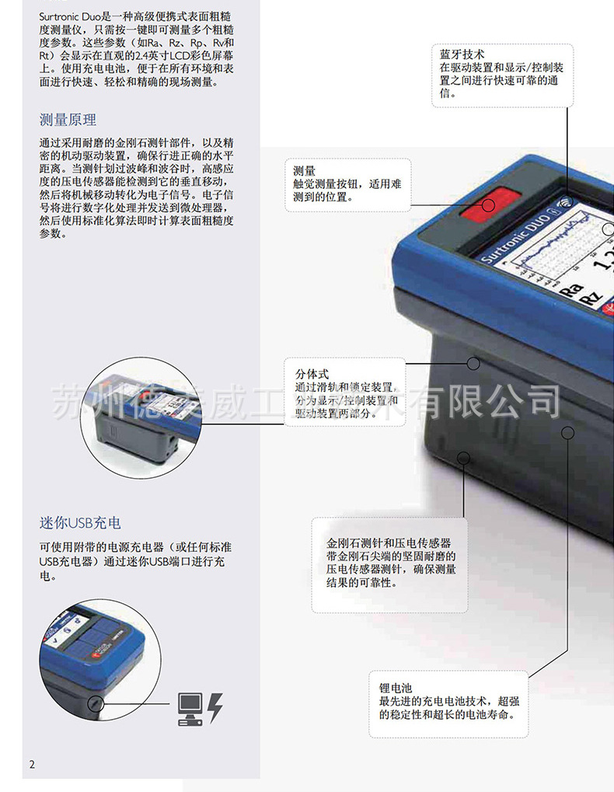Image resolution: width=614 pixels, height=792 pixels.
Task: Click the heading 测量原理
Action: [68, 120]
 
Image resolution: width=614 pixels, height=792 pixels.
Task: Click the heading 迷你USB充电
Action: [80, 522]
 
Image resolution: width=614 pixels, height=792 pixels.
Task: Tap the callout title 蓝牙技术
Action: [462, 54]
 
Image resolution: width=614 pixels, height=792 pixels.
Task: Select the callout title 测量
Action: [304, 171]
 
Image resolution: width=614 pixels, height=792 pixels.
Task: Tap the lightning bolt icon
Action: [215, 706]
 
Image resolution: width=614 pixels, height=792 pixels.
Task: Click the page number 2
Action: [32, 764]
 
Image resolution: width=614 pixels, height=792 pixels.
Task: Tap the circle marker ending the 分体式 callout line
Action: [473, 363]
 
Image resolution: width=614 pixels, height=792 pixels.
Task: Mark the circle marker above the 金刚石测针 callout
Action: [464, 458]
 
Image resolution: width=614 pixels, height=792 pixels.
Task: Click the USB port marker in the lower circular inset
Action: [95, 703]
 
